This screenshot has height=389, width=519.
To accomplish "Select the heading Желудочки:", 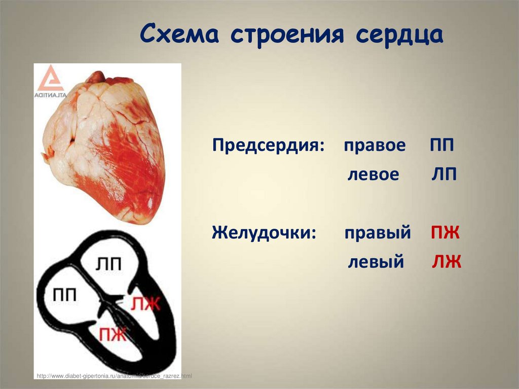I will pyautogui.click(x=265, y=233).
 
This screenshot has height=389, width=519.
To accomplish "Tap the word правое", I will pyautogui.click(x=375, y=146).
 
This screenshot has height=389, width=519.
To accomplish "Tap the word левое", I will pyautogui.click(x=374, y=175).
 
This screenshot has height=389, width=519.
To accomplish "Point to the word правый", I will pyautogui.click(x=378, y=233).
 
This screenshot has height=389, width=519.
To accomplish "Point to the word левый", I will pyautogui.click(x=376, y=262).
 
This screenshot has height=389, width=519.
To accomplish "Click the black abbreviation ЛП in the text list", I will pyautogui.click(x=444, y=175).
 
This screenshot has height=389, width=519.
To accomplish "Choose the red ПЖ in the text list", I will pyautogui.click(x=445, y=233).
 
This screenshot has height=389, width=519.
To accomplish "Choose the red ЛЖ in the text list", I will pyautogui.click(x=447, y=262).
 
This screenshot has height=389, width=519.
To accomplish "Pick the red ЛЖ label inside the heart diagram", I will pyautogui.click(x=145, y=304).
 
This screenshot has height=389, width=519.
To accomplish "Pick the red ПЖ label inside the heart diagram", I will pyautogui.click(x=113, y=334).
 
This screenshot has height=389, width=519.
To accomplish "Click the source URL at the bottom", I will pyautogui.click(x=114, y=376).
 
